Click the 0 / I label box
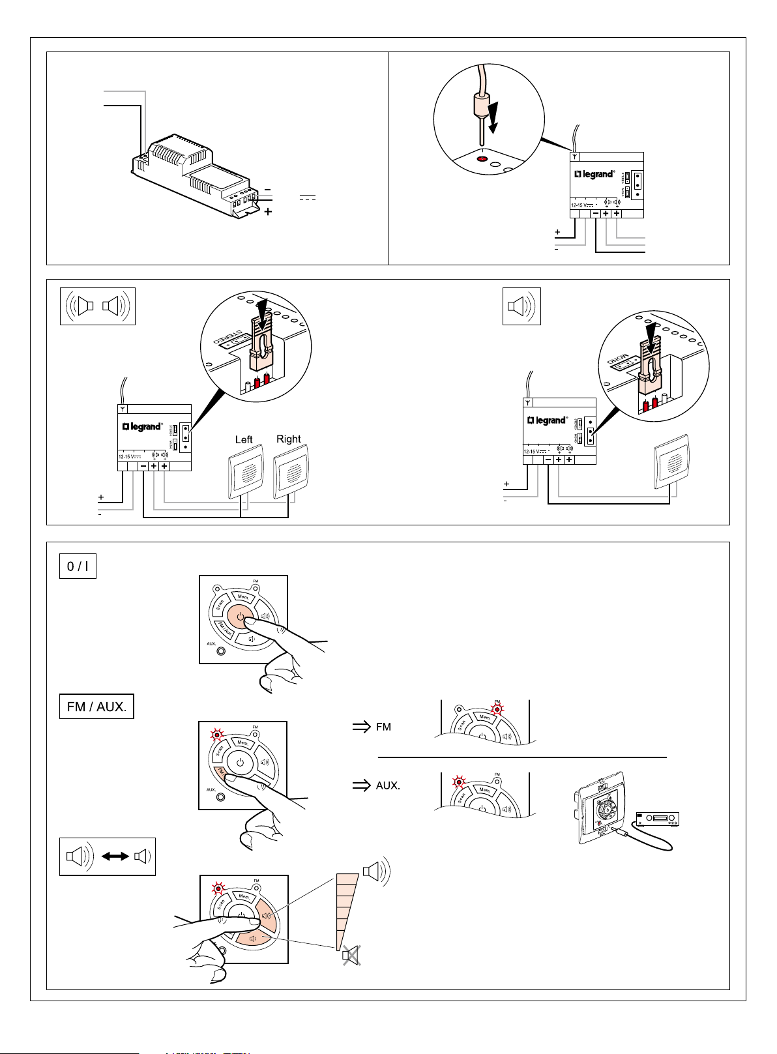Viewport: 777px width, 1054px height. [x=78, y=566]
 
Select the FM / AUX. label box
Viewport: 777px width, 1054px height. [x=96, y=707]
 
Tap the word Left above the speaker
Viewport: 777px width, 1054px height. [x=244, y=440]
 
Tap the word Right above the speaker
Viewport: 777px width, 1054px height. [x=289, y=439]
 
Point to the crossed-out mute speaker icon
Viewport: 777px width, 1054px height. [x=351, y=956]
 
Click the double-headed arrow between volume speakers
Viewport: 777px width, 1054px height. [x=115, y=856]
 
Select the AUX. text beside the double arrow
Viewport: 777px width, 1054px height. [x=388, y=786]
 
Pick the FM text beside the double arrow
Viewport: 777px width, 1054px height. [x=384, y=727]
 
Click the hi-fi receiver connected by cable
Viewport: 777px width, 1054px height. [x=658, y=820]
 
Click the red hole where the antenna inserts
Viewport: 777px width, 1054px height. [x=481, y=158]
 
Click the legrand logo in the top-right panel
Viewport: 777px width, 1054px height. [x=594, y=175]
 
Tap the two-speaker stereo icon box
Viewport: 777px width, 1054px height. [x=97, y=306]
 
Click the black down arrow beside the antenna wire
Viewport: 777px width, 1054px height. [x=494, y=117]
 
